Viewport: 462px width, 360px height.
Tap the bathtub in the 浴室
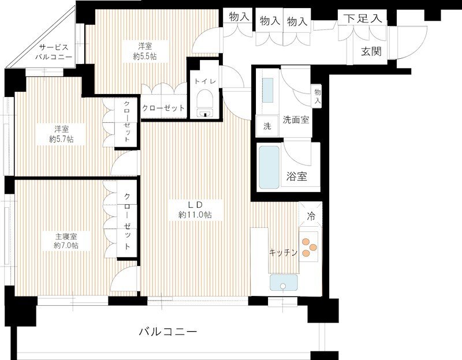(x=269, y=167)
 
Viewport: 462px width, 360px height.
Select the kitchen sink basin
(x=284, y=283)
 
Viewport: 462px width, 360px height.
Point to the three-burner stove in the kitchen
(x=308, y=247)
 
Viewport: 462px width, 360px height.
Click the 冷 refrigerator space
(x=310, y=215)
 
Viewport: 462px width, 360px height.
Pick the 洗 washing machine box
(x=267, y=126)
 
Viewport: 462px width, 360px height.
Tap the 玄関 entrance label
(x=371, y=51)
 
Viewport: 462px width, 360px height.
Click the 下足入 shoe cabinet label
(x=363, y=18)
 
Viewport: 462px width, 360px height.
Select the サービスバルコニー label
(x=54, y=52)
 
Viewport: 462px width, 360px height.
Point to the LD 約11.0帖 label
(x=195, y=210)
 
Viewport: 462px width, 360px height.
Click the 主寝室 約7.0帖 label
(x=66, y=241)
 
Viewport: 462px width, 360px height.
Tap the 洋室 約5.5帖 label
(x=145, y=51)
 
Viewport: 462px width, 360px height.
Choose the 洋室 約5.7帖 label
(x=61, y=134)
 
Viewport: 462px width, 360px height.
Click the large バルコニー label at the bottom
(x=167, y=332)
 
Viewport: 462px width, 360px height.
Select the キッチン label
(x=283, y=252)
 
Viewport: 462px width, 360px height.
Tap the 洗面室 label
(x=296, y=120)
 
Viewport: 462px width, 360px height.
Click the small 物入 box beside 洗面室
(x=317, y=96)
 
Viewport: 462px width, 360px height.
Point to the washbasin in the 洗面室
(x=268, y=90)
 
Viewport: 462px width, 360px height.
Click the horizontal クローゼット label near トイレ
(x=163, y=108)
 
